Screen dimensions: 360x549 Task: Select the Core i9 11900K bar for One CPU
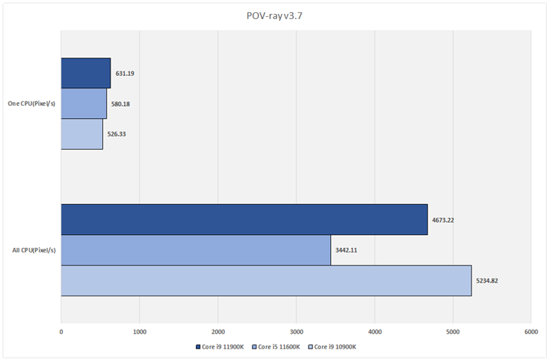pos(85,74)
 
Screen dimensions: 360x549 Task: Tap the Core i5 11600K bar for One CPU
pos(84,104)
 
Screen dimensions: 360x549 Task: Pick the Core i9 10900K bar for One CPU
pos(81,134)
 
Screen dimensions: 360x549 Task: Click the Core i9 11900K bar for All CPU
pos(244,220)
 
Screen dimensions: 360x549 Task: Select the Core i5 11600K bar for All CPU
pos(196,250)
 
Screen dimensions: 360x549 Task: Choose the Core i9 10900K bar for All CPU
pos(266,280)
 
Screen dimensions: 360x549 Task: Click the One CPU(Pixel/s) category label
pos(31,104)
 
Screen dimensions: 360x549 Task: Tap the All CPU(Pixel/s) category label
pos(33,250)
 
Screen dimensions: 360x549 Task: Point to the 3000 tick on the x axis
pos(296,332)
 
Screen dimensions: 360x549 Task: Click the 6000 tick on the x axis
pos(531,332)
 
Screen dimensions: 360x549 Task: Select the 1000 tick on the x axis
pos(139,332)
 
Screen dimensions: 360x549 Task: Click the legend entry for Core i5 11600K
pos(277,347)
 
